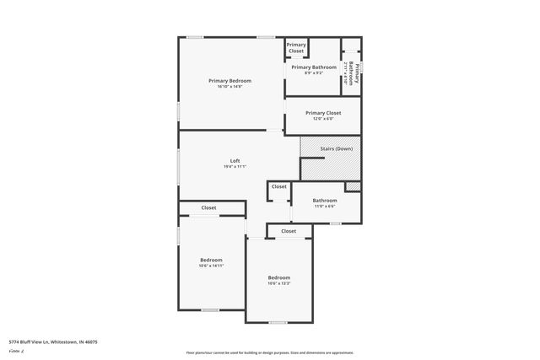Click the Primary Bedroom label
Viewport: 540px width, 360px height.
[x=229, y=81]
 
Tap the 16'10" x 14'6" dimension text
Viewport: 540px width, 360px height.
[x=229, y=87]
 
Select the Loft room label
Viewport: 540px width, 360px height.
[x=235, y=161]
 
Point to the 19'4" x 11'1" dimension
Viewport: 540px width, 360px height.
[x=235, y=167]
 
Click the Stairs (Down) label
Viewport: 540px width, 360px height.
[x=337, y=149]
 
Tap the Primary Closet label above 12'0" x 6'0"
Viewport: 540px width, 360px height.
[x=323, y=113]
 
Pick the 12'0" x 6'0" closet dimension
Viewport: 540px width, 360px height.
[x=323, y=119]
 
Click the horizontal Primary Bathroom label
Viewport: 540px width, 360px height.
[x=314, y=67]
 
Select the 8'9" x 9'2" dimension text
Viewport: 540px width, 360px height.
[x=314, y=73]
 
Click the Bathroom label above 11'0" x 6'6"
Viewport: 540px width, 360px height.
[x=325, y=200]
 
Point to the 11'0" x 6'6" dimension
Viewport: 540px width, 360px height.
[x=325, y=206]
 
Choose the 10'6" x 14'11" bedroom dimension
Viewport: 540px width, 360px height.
[x=211, y=266]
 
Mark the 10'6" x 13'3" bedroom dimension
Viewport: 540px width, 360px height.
[x=278, y=283]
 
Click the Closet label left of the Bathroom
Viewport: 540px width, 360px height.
[x=279, y=186]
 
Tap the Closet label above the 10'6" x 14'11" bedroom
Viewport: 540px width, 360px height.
[x=208, y=207]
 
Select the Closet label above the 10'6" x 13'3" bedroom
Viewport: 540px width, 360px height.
[x=289, y=231]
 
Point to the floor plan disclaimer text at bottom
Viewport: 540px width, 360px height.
[x=269, y=352]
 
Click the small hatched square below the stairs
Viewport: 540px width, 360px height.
[x=353, y=186]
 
